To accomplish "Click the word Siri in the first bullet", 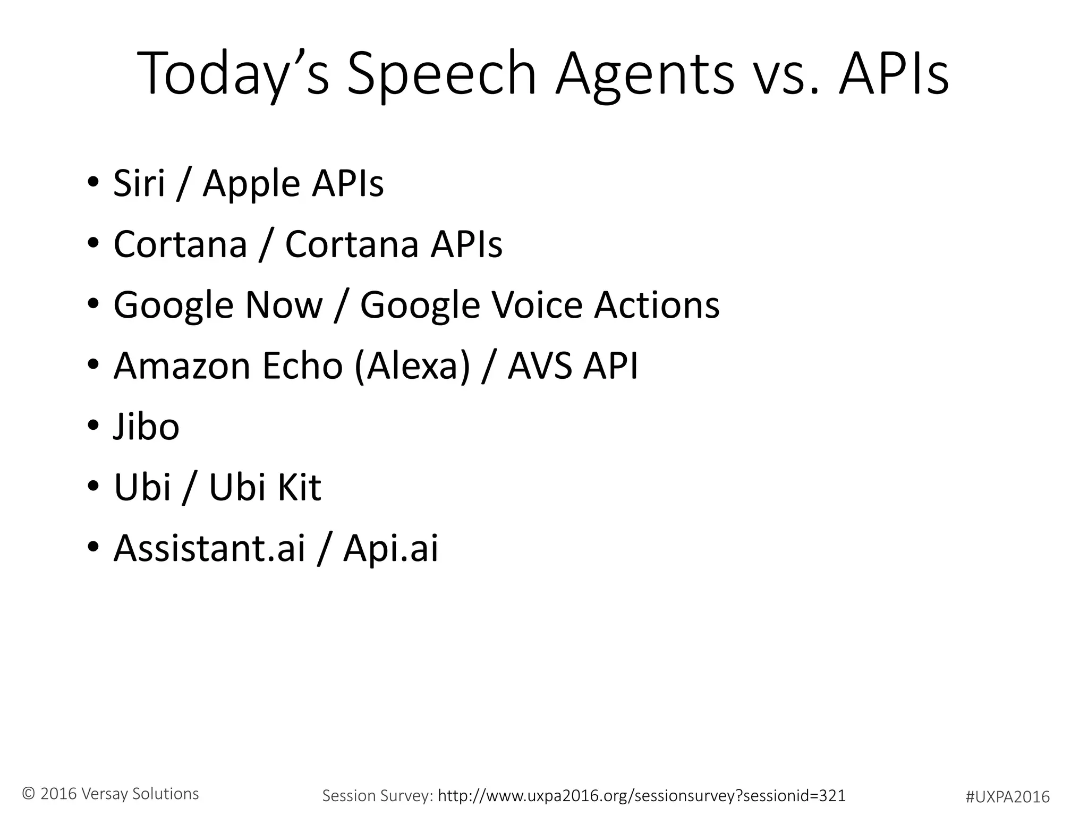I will click(x=139, y=183).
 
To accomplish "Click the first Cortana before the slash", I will click(x=181, y=244).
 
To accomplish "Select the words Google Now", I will click(x=218, y=305).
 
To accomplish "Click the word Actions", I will click(x=657, y=305).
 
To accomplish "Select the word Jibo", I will click(x=147, y=427).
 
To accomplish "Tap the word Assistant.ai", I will click(x=209, y=548).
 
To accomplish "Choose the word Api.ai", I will click(x=391, y=548).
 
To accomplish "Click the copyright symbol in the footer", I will click(x=29, y=794).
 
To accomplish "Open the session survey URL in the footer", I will click(x=641, y=795).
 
